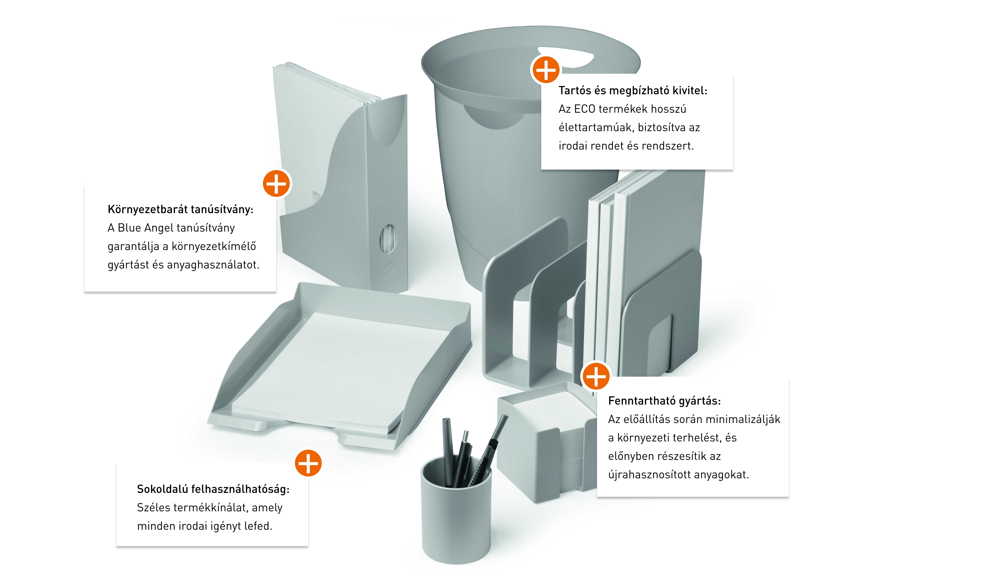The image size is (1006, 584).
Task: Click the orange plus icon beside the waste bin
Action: point(546,70)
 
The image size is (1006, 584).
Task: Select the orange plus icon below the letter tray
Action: point(308,463)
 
